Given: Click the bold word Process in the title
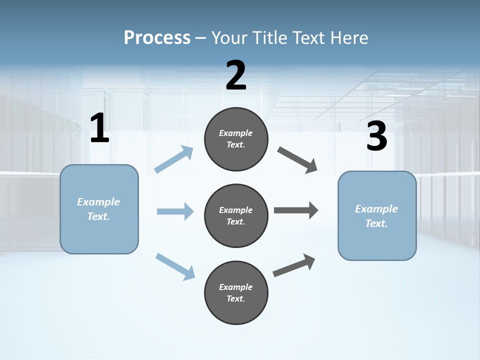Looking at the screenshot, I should [157, 37].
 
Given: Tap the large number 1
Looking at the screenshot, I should [99, 128].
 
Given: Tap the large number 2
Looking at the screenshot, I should [236, 76].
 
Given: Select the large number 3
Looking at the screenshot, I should [376, 136].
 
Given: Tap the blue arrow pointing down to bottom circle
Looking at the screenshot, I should [175, 266].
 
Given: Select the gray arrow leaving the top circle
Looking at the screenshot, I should [297, 160].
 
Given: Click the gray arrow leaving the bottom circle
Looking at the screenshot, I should [294, 265].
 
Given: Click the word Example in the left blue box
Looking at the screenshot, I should [98, 202].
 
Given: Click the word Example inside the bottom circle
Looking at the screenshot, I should [235, 287].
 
